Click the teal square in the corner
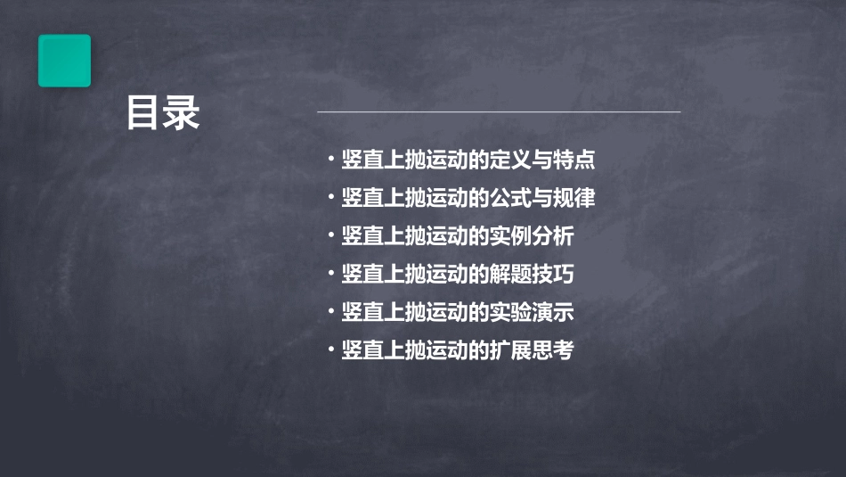point(64,61)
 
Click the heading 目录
point(163,114)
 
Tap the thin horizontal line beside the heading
point(499,112)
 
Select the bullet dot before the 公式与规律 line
point(331,197)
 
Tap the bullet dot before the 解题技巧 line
point(331,274)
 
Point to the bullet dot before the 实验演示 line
point(331,311)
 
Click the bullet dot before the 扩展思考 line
point(331,350)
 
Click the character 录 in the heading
point(182,114)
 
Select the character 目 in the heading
point(143,114)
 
